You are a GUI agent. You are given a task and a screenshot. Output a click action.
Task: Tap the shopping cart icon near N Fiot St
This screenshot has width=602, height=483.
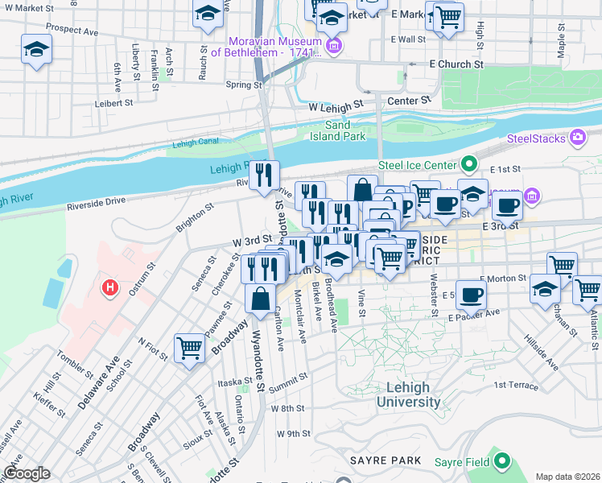189,348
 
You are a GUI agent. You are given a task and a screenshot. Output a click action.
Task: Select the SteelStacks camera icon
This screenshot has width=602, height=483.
577,138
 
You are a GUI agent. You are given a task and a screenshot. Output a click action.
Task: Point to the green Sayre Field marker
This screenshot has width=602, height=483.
502,461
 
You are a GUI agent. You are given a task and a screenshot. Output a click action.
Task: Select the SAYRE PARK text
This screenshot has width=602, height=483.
386,460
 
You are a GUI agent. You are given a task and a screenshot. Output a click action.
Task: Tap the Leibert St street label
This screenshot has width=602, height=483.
113,103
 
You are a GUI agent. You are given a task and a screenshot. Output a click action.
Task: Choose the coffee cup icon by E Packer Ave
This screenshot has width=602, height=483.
471,293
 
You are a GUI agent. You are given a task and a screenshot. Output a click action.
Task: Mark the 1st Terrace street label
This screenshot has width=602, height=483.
515,386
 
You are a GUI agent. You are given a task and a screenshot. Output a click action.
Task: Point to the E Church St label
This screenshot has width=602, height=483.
456,64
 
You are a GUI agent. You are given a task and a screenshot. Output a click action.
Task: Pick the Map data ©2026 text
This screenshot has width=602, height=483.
567,477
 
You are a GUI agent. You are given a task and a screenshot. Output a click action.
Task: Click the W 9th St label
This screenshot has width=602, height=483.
293,433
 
